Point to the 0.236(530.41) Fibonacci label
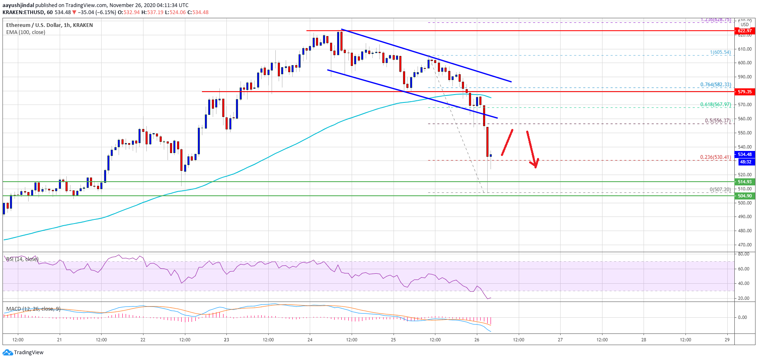tap(715, 157)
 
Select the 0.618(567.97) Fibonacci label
tap(715, 105)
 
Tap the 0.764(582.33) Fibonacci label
tap(715, 85)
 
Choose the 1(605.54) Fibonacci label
tap(720, 52)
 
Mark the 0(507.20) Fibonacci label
tap(720, 190)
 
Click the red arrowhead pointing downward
tap(536, 163)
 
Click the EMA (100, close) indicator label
tap(26, 32)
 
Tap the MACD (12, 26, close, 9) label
tap(34, 309)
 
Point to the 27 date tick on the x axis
tap(560, 340)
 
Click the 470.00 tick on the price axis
tap(745, 245)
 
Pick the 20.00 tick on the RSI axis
tap(743, 298)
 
